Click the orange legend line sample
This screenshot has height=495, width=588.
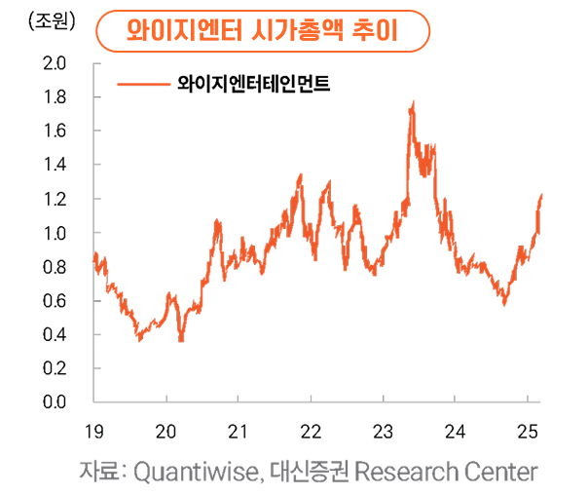(143, 85)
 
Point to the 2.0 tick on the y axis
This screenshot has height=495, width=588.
(55, 64)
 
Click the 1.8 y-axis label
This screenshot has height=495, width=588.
(55, 98)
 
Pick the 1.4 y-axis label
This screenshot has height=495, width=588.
(55, 166)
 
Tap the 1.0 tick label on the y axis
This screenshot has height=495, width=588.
(55, 234)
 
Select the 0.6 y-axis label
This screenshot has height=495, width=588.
(55, 301)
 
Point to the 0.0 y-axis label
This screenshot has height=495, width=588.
(55, 400)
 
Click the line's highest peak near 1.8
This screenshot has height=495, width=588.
(414, 102)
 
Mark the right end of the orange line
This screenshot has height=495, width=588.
(541, 196)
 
